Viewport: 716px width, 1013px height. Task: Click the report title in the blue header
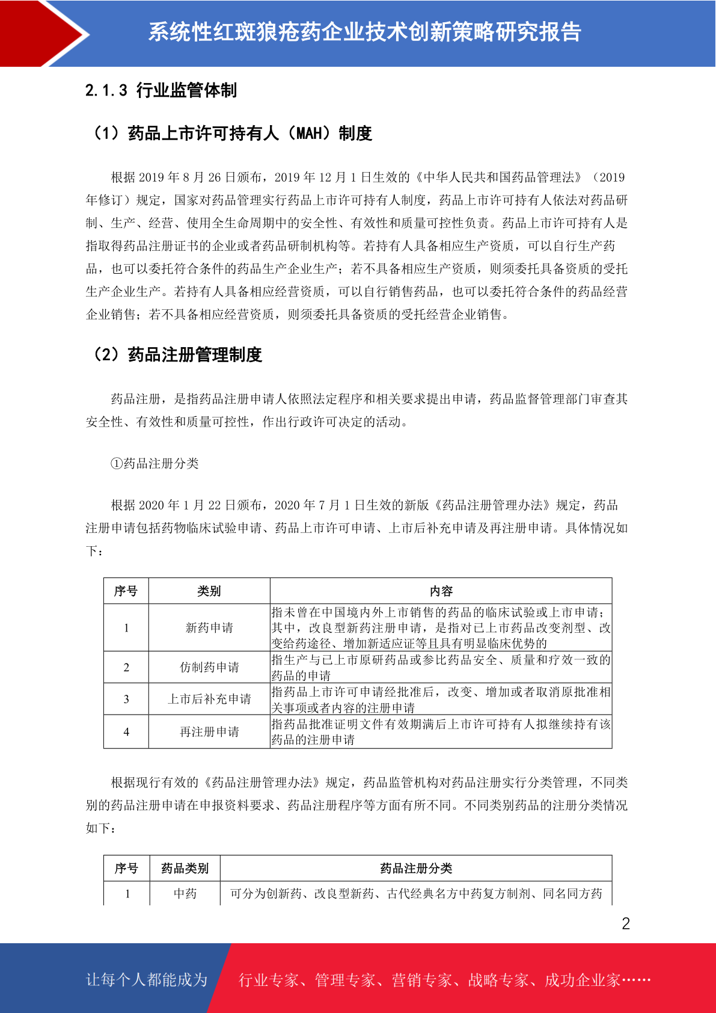(x=364, y=32)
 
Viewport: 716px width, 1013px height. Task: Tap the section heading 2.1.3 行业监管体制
(x=161, y=90)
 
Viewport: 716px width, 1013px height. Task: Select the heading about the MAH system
(x=231, y=133)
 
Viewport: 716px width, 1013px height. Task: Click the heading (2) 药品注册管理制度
(x=176, y=355)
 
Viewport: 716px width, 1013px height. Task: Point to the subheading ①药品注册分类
(x=155, y=463)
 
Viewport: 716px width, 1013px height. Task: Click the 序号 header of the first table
(x=126, y=591)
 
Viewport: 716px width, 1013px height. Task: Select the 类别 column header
(x=209, y=591)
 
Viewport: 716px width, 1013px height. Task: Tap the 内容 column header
(x=441, y=591)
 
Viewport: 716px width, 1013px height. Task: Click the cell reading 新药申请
(x=209, y=628)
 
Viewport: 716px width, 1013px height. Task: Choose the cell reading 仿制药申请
(x=209, y=667)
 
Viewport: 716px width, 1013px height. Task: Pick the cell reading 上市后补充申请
(x=209, y=699)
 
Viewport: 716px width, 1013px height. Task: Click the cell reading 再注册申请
(x=209, y=732)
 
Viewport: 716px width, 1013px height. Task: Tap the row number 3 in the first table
(x=126, y=699)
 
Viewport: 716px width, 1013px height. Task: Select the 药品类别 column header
(x=185, y=869)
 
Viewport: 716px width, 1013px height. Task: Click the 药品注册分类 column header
(x=416, y=869)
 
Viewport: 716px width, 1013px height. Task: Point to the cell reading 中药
(x=185, y=894)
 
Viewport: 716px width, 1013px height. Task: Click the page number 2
(x=626, y=924)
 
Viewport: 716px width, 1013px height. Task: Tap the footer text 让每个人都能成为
(x=147, y=980)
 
